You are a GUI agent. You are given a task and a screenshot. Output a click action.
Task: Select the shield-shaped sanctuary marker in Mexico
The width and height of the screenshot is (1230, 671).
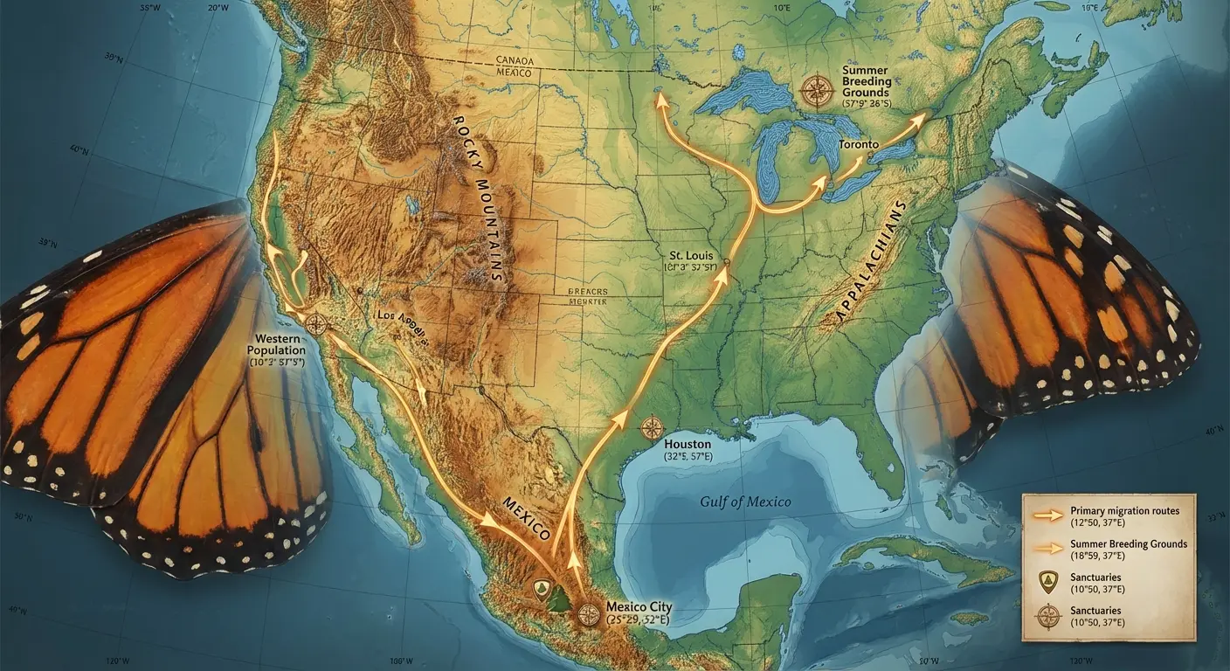[542, 588]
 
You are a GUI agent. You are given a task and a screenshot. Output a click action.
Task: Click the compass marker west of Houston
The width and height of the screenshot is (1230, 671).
[652, 428]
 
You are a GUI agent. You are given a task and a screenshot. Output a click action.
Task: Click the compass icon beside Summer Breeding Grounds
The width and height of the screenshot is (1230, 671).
[817, 90]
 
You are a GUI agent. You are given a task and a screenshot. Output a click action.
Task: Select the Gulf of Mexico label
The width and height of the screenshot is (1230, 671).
[745, 502]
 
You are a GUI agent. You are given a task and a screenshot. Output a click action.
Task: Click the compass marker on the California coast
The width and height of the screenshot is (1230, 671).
[316, 324]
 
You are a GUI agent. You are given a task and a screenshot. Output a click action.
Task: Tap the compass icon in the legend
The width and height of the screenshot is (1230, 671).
[1047, 617]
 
